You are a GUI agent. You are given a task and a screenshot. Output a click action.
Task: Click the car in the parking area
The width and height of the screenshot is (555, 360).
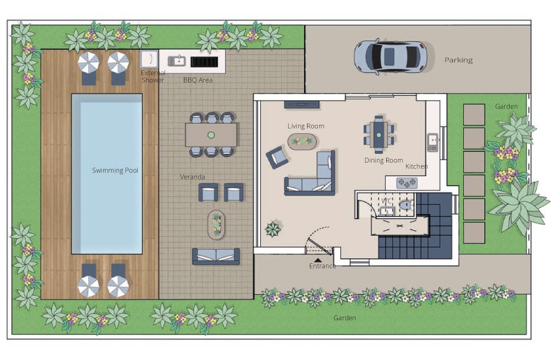click(390, 56)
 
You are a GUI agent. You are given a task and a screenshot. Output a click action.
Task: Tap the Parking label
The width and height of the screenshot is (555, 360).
click(458, 60)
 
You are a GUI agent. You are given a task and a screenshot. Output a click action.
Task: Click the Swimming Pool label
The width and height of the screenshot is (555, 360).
click(115, 170)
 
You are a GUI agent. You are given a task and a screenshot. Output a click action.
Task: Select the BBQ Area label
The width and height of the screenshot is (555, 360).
click(198, 80)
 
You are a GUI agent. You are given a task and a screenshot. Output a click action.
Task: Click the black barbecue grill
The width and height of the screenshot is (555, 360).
click(204, 62)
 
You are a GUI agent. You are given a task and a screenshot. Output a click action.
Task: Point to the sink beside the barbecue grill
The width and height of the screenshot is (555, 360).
click(177, 61)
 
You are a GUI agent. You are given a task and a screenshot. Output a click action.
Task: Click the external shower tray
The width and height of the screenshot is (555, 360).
click(149, 59)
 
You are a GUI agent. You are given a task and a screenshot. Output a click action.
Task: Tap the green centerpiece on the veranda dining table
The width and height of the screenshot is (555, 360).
click(211, 135)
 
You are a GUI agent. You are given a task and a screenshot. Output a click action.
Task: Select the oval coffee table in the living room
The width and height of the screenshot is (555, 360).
click(302, 142)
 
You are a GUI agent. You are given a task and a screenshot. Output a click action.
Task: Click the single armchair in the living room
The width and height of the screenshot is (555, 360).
click(277, 157)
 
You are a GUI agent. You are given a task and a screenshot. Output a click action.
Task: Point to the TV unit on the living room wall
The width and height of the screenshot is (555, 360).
click(302, 104)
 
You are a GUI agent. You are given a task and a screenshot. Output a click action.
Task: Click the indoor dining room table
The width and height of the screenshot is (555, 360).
click(379, 135)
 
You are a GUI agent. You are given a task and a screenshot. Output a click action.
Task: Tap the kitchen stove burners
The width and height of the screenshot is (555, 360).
click(407, 183)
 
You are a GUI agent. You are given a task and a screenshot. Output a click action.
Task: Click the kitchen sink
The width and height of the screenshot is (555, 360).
click(433, 143)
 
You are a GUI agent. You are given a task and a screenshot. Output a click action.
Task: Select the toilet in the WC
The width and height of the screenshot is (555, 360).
click(405, 205)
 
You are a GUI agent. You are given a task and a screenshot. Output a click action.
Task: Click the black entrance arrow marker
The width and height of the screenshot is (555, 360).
click(318, 260)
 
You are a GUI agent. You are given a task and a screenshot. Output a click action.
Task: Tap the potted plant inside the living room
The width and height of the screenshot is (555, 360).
click(273, 230)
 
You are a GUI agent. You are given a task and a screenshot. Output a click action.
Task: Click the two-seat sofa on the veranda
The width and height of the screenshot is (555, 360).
click(216, 256)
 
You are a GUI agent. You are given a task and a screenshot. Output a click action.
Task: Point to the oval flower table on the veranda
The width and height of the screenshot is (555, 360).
click(216, 225)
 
